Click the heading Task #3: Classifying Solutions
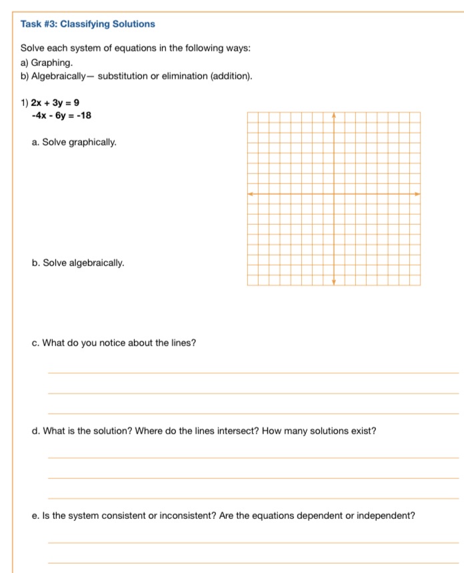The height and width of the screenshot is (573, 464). coord(87,24)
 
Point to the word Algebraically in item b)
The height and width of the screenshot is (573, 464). coord(59,76)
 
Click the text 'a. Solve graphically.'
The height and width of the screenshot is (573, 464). coord(74,142)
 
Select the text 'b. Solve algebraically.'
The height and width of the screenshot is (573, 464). coord(78,263)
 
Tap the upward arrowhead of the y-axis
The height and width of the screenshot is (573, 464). coord(334,115)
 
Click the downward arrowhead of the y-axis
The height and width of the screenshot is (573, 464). coord(334,282)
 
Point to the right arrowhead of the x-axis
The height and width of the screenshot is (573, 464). coord(417,193)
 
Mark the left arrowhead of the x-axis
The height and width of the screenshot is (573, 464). coord(250,193)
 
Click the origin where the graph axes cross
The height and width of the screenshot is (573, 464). coord(334,193)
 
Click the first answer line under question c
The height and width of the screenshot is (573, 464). coord(253,372)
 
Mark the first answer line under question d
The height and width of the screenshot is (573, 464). coord(253,458)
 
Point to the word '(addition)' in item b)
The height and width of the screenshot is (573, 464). coord(231,76)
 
